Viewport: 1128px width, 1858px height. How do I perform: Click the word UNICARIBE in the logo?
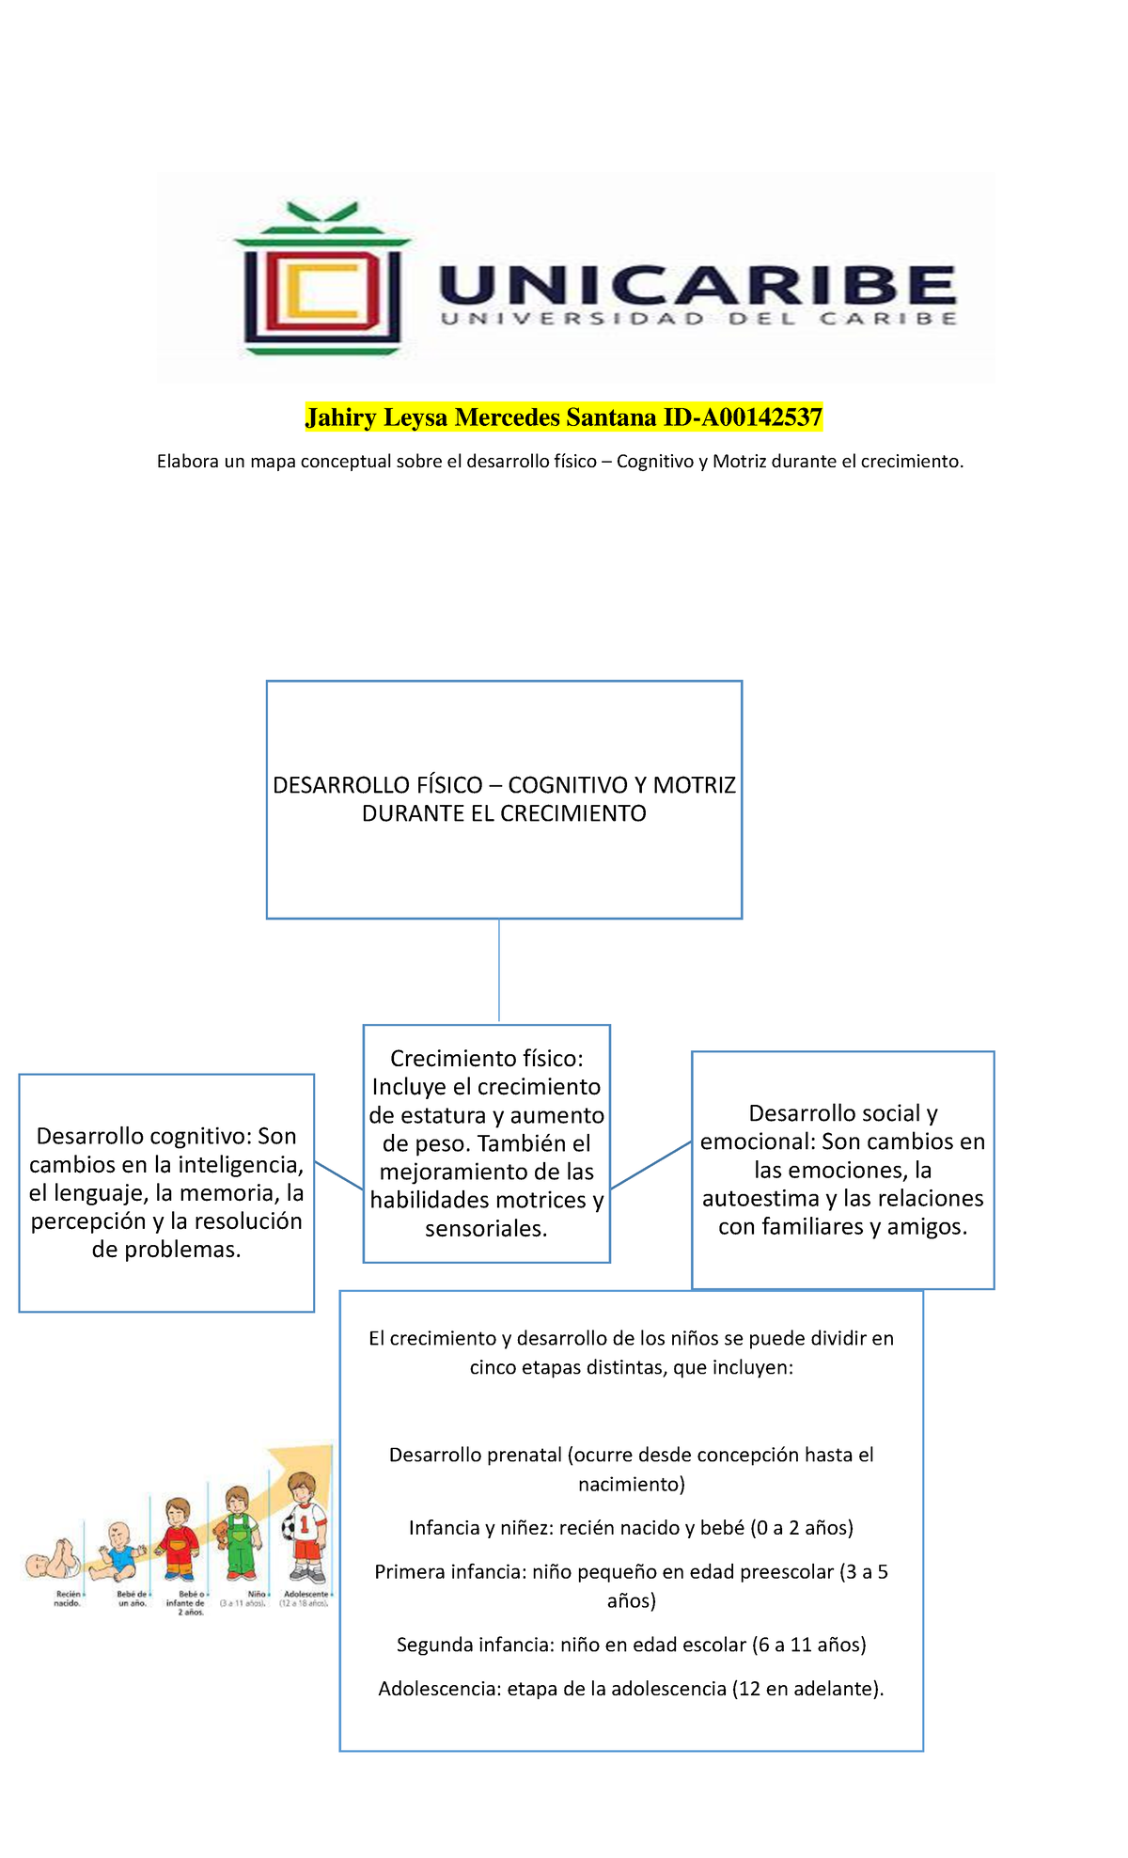697,284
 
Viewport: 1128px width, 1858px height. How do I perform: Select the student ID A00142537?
758,417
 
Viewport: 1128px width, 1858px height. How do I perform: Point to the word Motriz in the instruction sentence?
743,462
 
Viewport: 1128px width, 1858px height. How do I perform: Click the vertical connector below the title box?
499,970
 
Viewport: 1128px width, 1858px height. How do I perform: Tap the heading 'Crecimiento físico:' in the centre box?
487,1059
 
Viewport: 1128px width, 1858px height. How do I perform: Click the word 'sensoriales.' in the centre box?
486,1229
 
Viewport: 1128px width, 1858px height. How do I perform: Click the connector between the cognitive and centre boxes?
338,1175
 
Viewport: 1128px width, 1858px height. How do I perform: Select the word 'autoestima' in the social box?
760,1199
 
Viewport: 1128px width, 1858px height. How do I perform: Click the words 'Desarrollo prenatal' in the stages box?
476,1456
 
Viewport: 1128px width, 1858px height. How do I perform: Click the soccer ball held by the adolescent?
290,1524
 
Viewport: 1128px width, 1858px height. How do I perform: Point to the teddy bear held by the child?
221,1534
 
